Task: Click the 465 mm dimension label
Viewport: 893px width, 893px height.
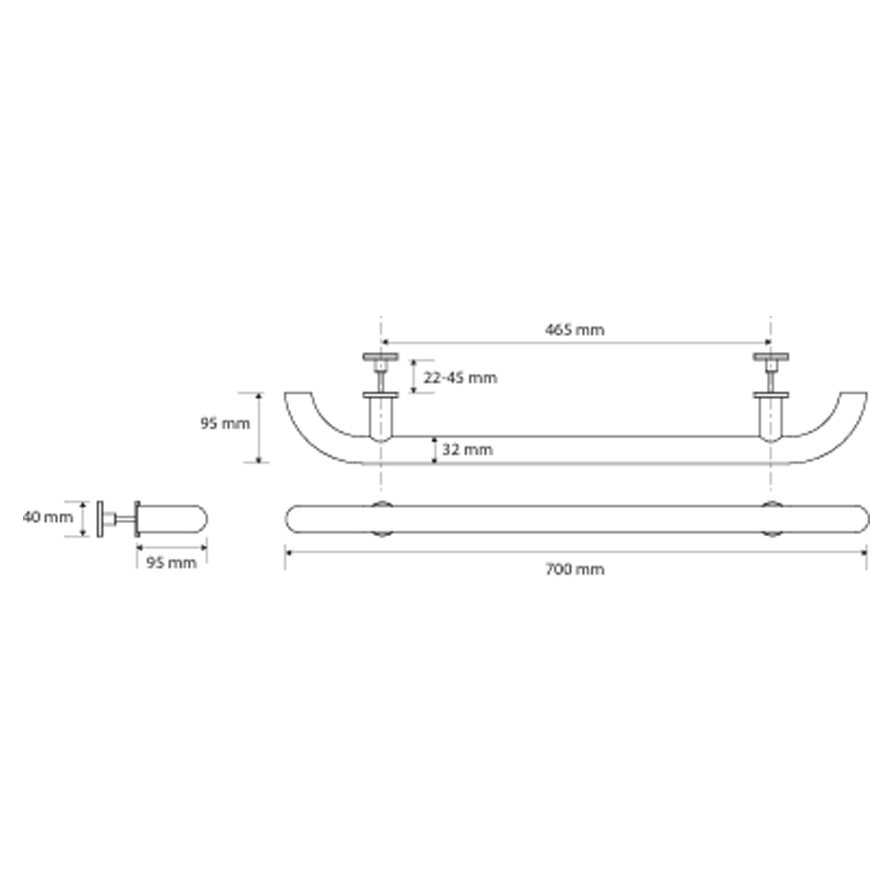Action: [x=574, y=330]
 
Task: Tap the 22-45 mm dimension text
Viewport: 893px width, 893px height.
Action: [x=460, y=378]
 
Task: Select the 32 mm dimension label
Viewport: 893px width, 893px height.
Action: [x=467, y=449]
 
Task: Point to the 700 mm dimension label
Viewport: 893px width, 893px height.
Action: [x=575, y=569]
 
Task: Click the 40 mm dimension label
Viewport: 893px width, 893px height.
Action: [x=48, y=517]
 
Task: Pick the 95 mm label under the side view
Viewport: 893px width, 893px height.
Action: [x=171, y=563]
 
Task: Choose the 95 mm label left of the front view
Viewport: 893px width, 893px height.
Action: [x=225, y=423]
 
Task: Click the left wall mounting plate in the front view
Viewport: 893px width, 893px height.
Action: [x=380, y=356]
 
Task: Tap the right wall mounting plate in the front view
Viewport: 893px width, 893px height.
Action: [x=771, y=356]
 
